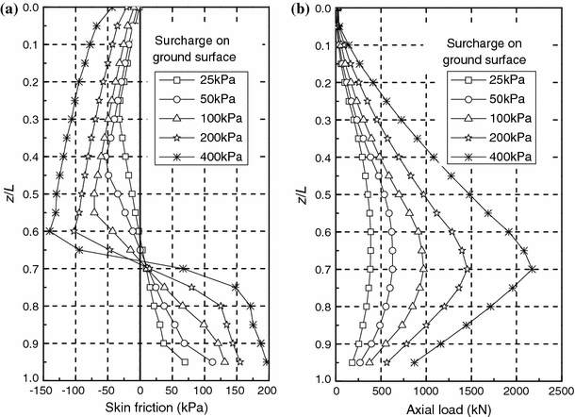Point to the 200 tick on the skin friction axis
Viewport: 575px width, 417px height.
(268, 388)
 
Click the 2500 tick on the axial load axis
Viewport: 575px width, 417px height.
(560, 388)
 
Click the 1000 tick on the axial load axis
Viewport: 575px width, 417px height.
(426, 388)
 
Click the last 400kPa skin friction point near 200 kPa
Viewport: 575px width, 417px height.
(267, 361)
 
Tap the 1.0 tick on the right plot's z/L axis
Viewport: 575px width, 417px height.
(320, 378)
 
